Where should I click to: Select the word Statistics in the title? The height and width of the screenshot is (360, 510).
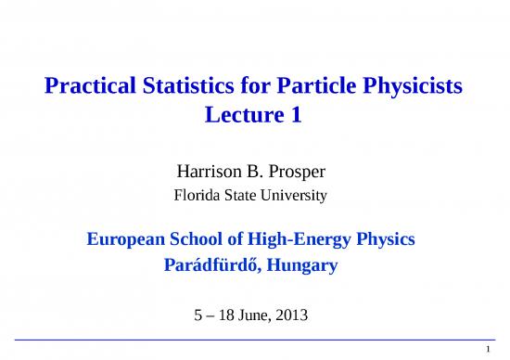[185, 88]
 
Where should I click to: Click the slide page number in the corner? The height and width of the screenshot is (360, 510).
[500, 349]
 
